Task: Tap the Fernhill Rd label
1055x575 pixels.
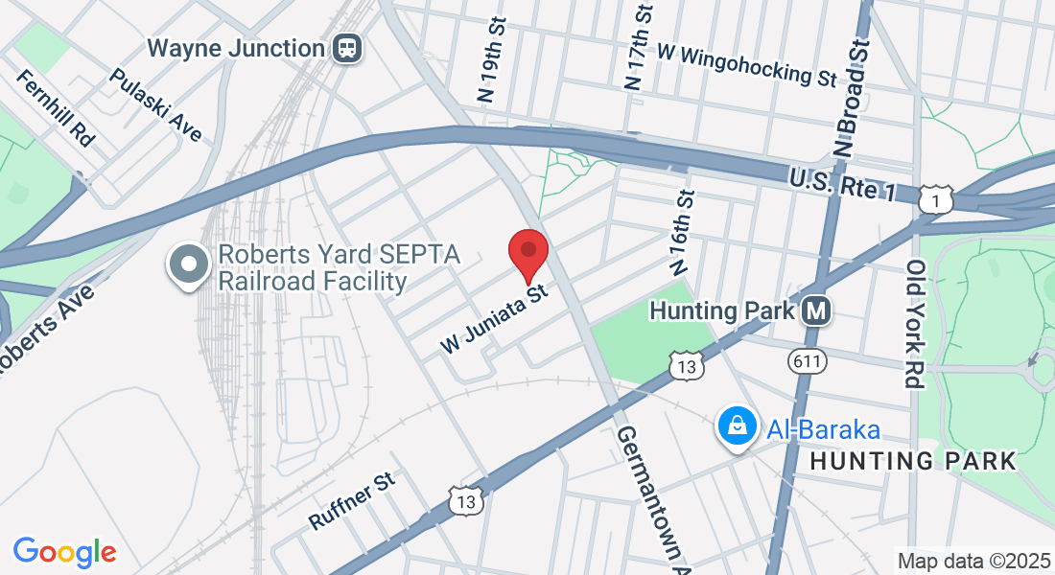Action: point(56,107)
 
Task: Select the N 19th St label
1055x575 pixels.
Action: point(489,58)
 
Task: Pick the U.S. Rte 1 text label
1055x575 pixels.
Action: point(843,183)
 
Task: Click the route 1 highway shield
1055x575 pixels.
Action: point(936,198)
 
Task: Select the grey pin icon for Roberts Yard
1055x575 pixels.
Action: point(189,264)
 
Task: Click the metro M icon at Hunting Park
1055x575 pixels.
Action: point(816,310)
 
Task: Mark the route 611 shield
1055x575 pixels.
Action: point(805,360)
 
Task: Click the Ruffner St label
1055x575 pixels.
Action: point(352,499)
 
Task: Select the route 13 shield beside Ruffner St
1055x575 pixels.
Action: point(465,499)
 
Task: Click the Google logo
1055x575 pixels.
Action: point(64,552)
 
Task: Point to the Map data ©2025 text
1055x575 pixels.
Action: point(972,561)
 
